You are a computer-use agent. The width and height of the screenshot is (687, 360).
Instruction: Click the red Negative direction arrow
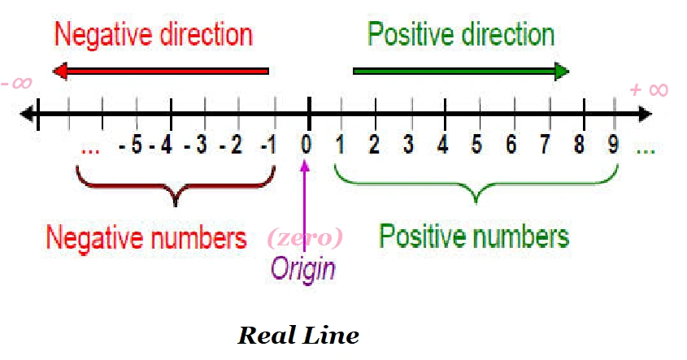[x=161, y=71]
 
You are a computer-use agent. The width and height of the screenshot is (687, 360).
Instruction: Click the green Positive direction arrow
[x=461, y=71]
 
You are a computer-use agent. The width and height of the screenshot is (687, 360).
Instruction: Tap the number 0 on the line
[x=307, y=144]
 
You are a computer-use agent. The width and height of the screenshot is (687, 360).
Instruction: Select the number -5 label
[x=131, y=145]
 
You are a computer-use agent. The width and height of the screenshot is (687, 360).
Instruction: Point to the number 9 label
[x=613, y=144]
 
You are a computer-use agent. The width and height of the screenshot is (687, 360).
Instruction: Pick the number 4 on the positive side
[x=443, y=144]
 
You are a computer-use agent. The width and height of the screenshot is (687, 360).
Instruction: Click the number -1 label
[x=268, y=145]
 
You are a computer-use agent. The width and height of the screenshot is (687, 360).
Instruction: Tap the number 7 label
[x=545, y=144]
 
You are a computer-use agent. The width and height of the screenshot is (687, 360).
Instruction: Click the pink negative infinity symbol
[x=16, y=83]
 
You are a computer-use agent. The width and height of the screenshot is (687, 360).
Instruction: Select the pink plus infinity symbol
[x=649, y=90]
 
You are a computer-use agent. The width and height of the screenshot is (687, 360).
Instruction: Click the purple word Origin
[x=303, y=269]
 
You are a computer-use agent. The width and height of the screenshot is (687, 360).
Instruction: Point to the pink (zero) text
[x=305, y=238]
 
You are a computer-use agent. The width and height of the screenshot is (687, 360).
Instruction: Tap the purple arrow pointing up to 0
[x=305, y=206]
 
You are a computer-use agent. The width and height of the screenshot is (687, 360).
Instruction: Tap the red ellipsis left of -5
[x=90, y=151]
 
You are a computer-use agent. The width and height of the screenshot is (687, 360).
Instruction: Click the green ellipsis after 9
[x=646, y=151]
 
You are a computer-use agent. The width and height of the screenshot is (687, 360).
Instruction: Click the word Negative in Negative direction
[x=104, y=34]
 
